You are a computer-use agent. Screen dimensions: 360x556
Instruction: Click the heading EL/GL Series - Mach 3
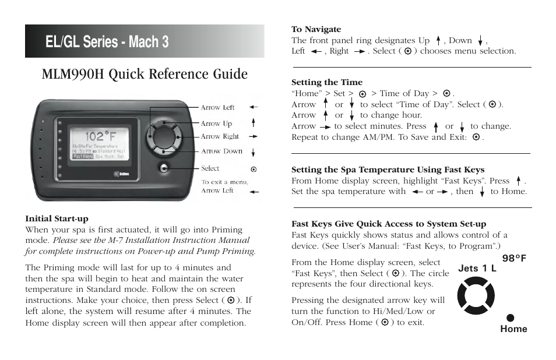[108, 42]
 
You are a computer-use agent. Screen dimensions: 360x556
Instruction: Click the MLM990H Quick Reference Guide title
[145, 74]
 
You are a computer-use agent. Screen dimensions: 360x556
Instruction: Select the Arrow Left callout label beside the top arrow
[217, 108]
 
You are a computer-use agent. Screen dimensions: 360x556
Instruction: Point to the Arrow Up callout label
[216, 123]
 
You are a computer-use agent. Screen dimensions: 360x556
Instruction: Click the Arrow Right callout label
[220, 136]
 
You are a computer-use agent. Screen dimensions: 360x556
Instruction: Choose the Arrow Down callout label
[221, 151]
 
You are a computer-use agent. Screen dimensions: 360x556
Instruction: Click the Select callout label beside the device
[210, 168]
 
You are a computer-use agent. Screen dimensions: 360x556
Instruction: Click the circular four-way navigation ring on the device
[164, 137]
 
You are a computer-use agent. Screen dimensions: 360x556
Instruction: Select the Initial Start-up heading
[57, 219]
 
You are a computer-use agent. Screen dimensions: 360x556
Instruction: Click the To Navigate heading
[316, 29]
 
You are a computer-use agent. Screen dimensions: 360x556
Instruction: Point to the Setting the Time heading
[326, 82]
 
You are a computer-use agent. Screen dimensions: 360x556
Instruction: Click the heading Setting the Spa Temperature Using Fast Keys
[388, 170]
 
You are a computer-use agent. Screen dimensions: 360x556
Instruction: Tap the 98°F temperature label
[514, 258]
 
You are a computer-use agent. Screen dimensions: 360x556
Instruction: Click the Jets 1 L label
[477, 269]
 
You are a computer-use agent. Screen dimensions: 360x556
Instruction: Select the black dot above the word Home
[510, 317]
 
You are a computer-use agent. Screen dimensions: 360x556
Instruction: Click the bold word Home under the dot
[513, 329]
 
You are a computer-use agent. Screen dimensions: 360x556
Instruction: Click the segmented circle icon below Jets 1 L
[476, 296]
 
